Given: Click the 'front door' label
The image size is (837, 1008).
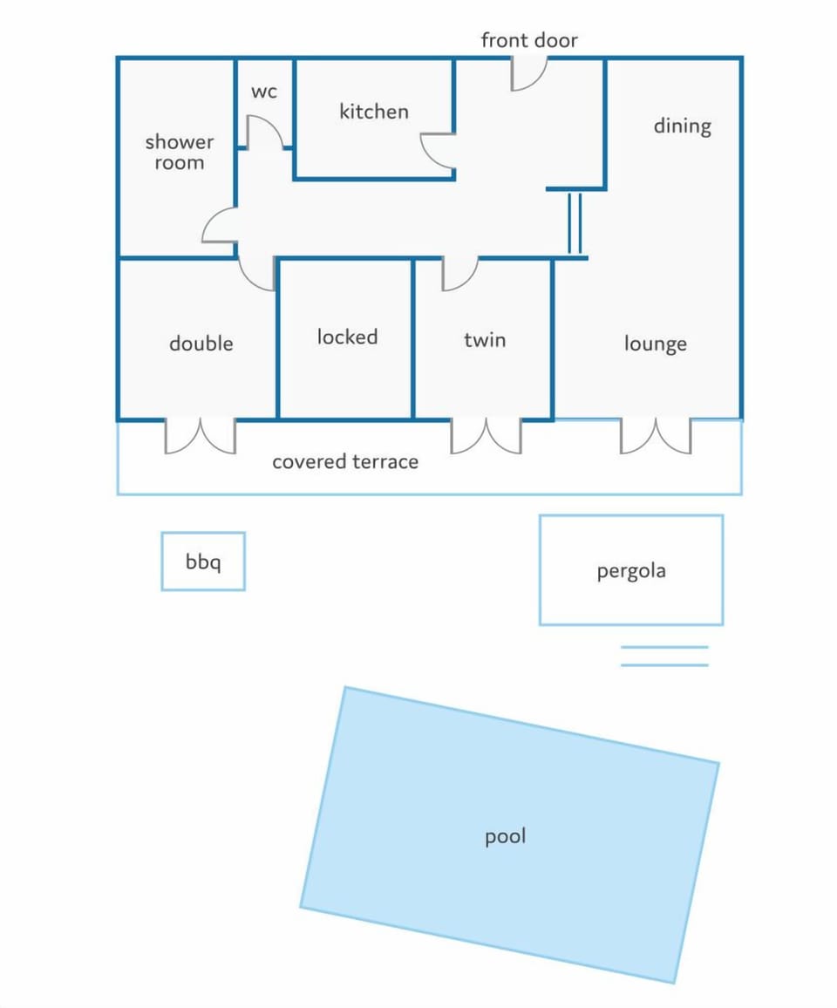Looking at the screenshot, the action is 529,40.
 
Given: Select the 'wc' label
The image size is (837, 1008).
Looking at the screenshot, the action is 263,92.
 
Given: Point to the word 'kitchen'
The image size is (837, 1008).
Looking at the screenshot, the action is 373,112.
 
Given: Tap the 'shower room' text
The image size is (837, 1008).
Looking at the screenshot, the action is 180,152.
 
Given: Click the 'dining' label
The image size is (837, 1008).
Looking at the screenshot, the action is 682,126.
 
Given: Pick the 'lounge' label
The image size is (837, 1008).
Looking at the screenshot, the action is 655,344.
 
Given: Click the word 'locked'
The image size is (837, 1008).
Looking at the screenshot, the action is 347,337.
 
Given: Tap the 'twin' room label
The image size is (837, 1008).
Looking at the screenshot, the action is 485,339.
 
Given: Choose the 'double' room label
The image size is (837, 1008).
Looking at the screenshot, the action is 201,344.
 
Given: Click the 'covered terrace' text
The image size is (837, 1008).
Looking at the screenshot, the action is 345,461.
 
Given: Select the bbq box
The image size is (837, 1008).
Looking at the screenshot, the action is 203,562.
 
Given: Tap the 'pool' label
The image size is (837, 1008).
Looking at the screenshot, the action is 506,836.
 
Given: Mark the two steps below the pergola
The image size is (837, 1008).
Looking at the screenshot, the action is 664,656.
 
